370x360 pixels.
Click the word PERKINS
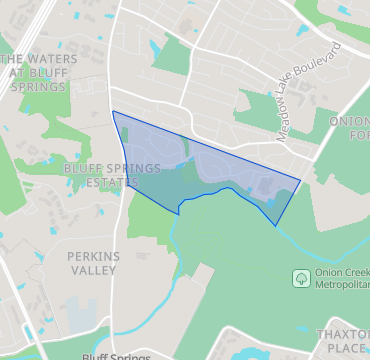(93, 256)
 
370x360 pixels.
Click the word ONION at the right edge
(349, 121)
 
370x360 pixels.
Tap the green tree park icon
(300, 277)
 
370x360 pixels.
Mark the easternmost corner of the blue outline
(301, 181)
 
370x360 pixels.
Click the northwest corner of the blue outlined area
(113, 111)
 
